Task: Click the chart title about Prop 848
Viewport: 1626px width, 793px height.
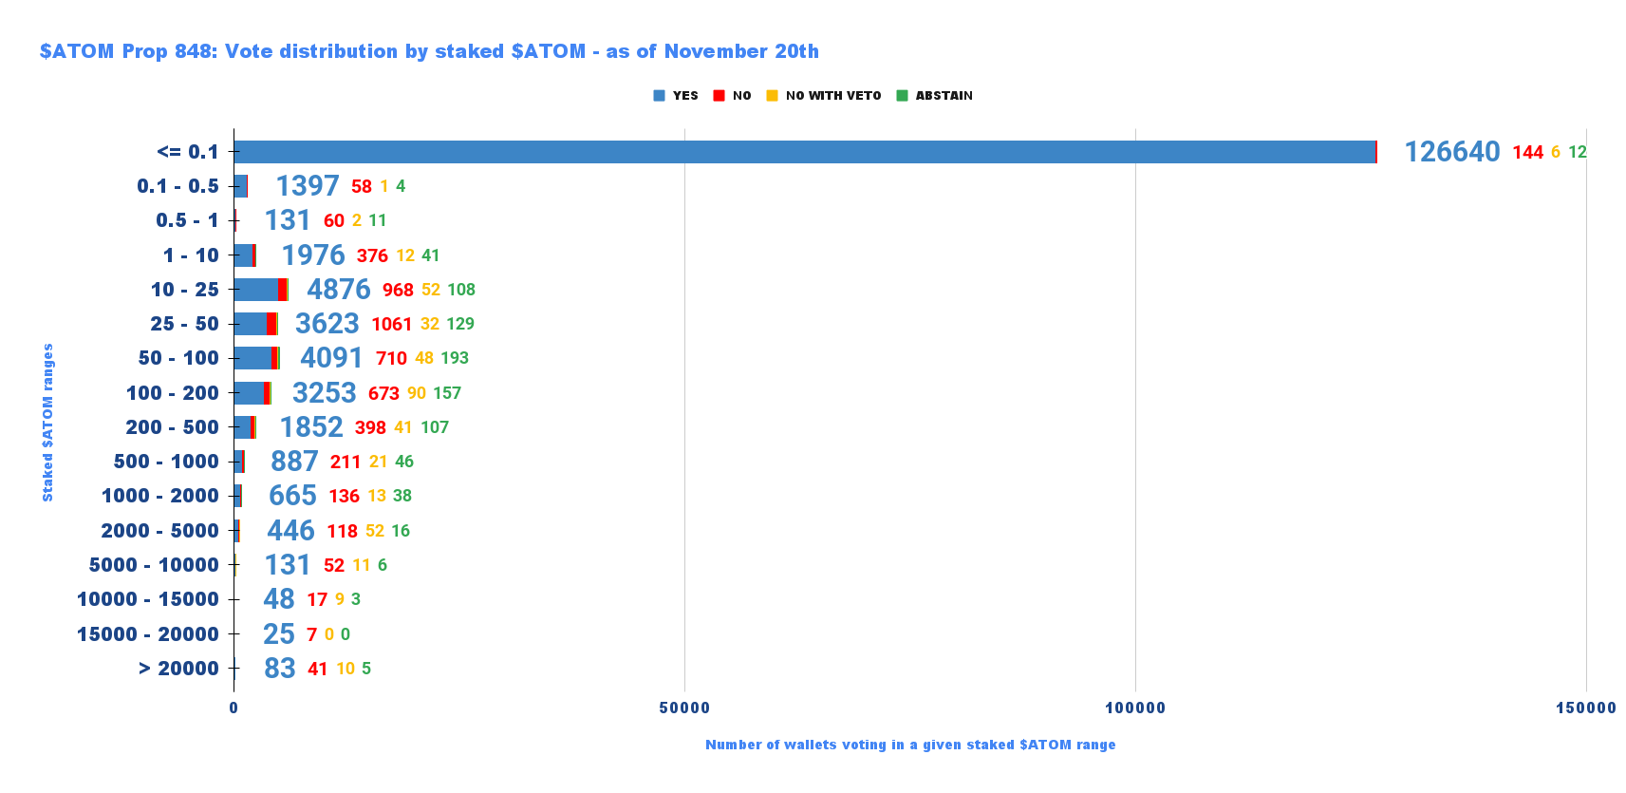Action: click(429, 51)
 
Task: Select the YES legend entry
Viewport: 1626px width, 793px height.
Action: click(676, 96)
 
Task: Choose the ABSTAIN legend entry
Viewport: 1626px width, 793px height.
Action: click(935, 96)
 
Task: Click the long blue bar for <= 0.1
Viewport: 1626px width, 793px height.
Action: click(804, 152)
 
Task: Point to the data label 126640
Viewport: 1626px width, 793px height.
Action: click(1452, 152)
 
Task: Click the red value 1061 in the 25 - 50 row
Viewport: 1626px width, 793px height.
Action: click(391, 324)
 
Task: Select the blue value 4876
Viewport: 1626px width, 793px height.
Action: click(338, 290)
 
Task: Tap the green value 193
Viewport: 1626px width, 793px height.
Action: click(455, 358)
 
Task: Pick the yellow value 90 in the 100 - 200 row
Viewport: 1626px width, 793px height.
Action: click(417, 393)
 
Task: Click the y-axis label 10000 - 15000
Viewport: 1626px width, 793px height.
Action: click(148, 599)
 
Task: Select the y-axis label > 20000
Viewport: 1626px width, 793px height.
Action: click(178, 669)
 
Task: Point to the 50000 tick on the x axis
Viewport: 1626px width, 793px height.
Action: click(684, 708)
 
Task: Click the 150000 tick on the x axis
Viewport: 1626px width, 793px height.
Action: click(1585, 708)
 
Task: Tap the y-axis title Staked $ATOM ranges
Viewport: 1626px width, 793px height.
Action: click(47, 423)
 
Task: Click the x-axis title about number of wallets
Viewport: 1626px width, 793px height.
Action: click(909, 745)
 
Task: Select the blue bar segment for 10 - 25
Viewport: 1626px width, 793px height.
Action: click(255, 290)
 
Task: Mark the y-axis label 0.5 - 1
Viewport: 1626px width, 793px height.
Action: click(187, 220)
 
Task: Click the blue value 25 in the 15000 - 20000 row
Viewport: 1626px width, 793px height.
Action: click(279, 634)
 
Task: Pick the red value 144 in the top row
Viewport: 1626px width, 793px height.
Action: click(1527, 152)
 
